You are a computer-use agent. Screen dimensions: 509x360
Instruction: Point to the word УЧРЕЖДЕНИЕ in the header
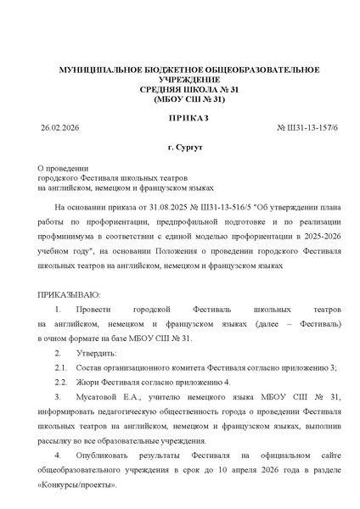click(x=179, y=78)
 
